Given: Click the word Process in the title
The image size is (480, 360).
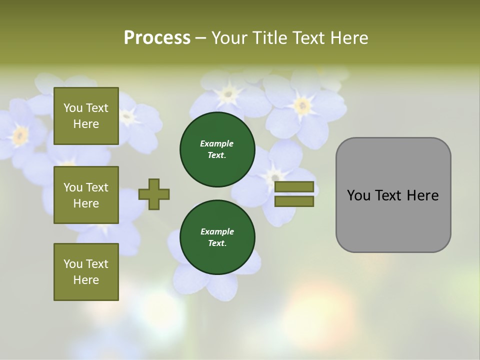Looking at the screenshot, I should point(157,38).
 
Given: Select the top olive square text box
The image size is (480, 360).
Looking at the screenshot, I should point(86,116).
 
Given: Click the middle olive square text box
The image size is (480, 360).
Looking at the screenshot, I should point(86,195).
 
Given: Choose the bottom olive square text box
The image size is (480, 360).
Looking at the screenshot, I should point(86,272).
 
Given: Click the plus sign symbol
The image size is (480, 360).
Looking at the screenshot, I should point(154,194).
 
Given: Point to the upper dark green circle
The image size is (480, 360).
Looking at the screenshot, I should point(217,149).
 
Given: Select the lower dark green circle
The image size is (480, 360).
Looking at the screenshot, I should point(217,237).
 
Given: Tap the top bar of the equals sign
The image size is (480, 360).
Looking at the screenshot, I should point(294,186).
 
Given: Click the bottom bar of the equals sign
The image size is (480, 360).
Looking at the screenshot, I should point(294,201).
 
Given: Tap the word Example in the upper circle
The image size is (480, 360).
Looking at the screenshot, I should point(216,143).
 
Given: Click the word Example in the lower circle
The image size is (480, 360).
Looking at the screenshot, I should point(217,231).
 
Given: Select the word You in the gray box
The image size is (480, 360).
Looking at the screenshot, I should point(358,195).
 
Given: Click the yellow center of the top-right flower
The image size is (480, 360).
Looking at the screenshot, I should point(302,105).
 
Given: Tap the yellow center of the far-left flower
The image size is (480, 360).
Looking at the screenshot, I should point(20,134).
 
